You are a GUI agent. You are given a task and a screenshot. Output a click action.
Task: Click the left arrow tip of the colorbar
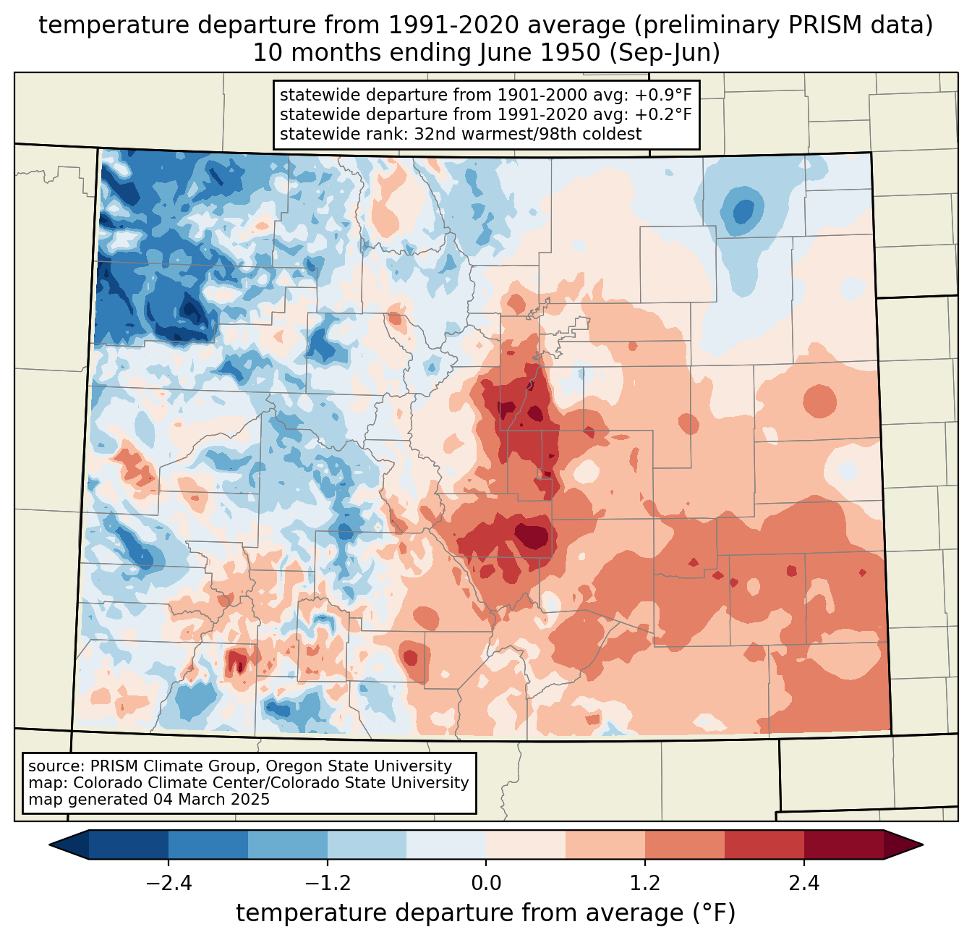49,845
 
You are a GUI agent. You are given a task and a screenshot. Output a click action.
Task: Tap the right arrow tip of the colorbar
923,845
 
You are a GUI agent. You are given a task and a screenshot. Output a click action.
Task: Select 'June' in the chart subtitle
501,53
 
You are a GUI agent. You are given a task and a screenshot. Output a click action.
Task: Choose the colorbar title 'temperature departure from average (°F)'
486,913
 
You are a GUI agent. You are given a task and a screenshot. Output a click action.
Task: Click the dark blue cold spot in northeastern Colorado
743,212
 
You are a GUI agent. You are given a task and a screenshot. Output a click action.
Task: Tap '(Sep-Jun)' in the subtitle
665,53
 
